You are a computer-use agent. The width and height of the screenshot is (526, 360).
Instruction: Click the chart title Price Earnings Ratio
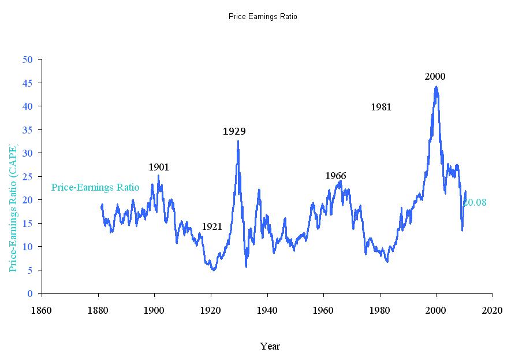(x=263, y=17)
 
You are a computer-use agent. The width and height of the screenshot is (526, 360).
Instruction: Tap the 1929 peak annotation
(x=234, y=131)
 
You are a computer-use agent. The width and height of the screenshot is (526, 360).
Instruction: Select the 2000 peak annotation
(x=435, y=76)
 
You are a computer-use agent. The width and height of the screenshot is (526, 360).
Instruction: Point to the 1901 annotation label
(x=159, y=167)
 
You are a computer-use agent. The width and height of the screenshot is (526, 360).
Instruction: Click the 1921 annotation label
(x=212, y=227)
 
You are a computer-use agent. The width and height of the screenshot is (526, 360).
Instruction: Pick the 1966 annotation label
(x=335, y=176)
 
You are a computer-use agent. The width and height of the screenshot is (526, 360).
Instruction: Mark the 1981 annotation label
(x=381, y=107)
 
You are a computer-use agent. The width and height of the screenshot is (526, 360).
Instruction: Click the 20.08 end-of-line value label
(x=475, y=202)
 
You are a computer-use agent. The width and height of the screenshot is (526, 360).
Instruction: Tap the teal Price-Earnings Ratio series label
(x=95, y=187)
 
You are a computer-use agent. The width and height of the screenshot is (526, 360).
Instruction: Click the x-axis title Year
(x=270, y=346)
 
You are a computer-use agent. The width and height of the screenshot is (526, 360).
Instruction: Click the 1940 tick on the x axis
(x=267, y=310)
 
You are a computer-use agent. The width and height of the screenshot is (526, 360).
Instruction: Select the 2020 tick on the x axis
(x=493, y=310)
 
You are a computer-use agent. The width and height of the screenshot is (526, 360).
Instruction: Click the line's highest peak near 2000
(x=436, y=87)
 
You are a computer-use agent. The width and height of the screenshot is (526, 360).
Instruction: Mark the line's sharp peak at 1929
(x=238, y=141)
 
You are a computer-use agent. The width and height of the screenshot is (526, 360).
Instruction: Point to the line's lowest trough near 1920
(x=214, y=270)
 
